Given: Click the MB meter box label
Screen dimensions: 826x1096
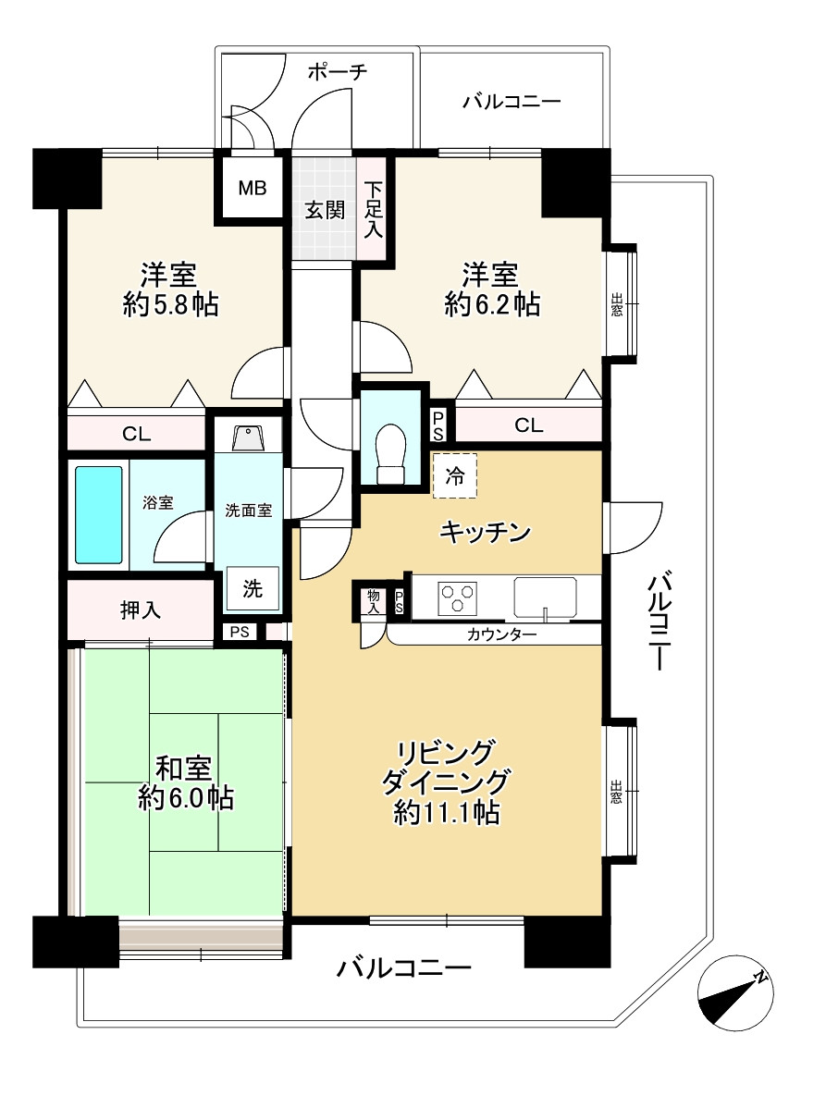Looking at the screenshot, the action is (x=253, y=188).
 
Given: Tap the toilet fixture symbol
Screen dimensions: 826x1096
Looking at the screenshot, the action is (x=391, y=454).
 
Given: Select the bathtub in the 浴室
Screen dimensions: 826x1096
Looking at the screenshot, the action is (x=99, y=514).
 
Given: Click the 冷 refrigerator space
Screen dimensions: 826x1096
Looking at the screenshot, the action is (x=455, y=476).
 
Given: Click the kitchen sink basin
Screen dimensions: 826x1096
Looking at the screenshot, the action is (x=546, y=597).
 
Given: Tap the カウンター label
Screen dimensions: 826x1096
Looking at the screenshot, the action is (x=501, y=634).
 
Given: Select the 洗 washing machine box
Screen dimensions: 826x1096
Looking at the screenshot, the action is (x=253, y=589).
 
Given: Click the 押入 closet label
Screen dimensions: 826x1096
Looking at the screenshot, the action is (x=141, y=610).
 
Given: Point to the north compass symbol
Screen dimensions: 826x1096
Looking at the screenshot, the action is (x=735, y=992).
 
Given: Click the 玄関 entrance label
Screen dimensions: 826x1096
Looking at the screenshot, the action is (x=325, y=210).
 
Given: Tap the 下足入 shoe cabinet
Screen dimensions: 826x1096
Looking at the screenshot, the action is (x=373, y=208).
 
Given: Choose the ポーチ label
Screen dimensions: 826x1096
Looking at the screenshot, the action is (x=337, y=71).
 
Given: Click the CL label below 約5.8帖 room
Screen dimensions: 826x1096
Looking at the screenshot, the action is (x=136, y=434).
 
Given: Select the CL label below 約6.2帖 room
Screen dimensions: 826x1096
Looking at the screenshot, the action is (x=528, y=425).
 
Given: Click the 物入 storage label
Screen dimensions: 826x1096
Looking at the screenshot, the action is (x=374, y=602).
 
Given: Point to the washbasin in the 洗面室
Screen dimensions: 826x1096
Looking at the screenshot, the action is (x=246, y=438).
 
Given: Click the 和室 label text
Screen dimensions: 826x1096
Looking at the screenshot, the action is (x=183, y=769).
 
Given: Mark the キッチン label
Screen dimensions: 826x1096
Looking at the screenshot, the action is (x=485, y=533).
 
